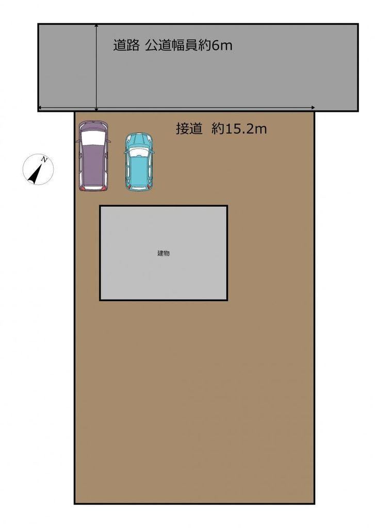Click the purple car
coord(93,156)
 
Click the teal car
coord(139,161)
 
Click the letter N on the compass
coord(44,159)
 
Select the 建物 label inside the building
coord(164,253)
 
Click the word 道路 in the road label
coord(126,45)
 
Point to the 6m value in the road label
coord(222,45)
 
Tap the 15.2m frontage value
coord(246,128)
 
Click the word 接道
coord(189,128)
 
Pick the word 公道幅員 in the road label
coord(171,45)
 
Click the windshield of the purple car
coord(93,138)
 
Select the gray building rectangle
coord(164,253)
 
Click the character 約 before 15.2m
coord(218,128)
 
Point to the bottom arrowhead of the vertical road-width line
coord(96,109)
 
